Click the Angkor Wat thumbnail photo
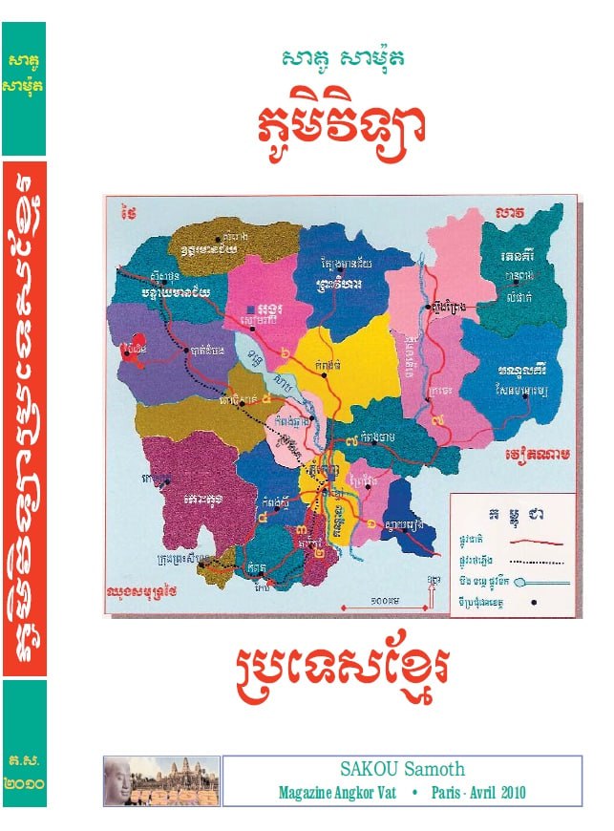pyautogui.click(x=161, y=781)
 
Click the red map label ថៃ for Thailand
pyautogui.click(x=129, y=213)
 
